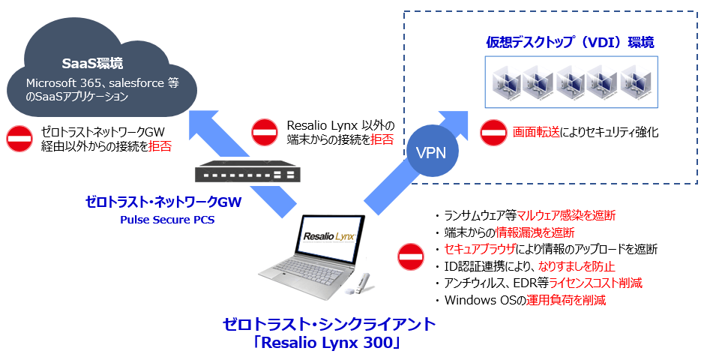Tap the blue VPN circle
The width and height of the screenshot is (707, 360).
pos(430,153)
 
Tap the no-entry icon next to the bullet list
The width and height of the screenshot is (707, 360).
pos(410,257)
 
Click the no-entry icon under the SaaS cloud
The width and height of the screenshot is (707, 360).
pos(19,138)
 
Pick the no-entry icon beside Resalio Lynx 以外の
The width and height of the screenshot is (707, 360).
pos(265,132)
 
